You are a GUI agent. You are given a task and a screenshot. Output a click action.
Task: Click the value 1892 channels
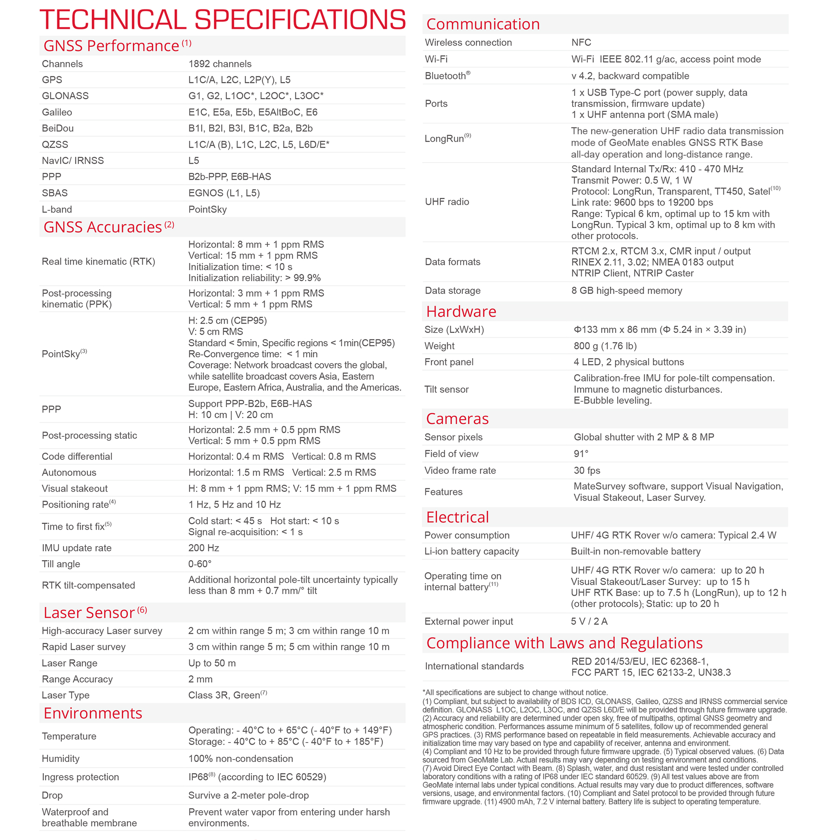(x=220, y=64)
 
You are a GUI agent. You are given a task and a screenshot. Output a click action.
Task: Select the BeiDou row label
(x=58, y=128)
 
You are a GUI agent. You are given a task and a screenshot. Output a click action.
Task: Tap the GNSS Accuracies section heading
(x=103, y=227)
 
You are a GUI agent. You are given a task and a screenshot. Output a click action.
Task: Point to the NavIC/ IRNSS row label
(x=72, y=160)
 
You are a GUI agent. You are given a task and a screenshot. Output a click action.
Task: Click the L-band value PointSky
(x=207, y=209)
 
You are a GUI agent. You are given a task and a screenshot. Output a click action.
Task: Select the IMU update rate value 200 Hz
(x=204, y=548)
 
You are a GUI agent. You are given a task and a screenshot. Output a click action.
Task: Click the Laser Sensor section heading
(x=89, y=613)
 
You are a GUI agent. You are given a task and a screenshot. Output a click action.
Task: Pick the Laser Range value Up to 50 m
(x=212, y=663)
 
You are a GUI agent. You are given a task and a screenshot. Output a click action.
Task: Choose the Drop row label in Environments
(x=52, y=795)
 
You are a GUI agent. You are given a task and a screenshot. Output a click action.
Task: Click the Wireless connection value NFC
(x=581, y=42)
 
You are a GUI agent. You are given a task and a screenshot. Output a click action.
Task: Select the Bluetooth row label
(x=446, y=75)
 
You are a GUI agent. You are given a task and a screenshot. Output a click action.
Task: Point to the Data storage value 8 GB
(x=626, y=291)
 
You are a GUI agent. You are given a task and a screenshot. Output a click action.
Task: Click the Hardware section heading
(x=461, y=311)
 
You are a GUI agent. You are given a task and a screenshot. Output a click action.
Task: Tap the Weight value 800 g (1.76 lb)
(x=605, y=346)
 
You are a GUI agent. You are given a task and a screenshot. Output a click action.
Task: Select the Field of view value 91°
(x=581, y=454)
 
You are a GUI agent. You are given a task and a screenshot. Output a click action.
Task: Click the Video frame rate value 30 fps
(x=586, y=470)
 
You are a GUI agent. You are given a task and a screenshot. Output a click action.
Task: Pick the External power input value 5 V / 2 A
(x=589, y=621)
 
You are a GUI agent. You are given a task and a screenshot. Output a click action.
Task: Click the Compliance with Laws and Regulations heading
(x=564, y=643)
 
